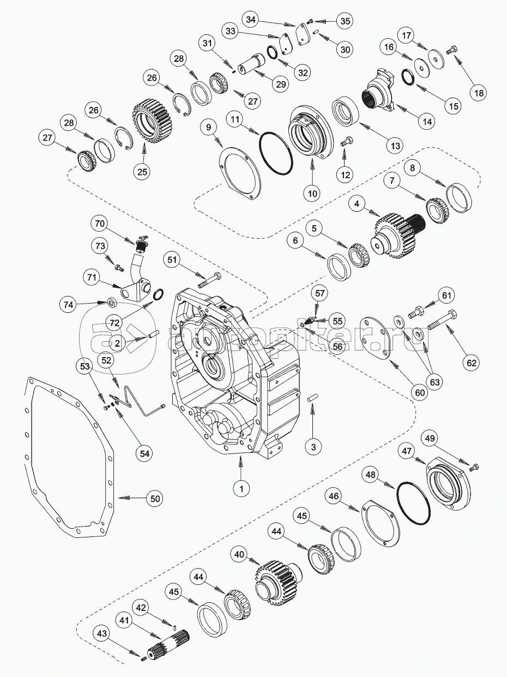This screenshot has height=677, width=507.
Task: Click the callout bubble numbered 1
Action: point(240,488)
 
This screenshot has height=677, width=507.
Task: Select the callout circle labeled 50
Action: point(155,498)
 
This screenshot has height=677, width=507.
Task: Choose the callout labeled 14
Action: point(427,122)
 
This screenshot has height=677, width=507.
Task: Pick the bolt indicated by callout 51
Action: point(209,281)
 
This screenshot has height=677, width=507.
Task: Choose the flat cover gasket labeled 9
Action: point(240,177)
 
